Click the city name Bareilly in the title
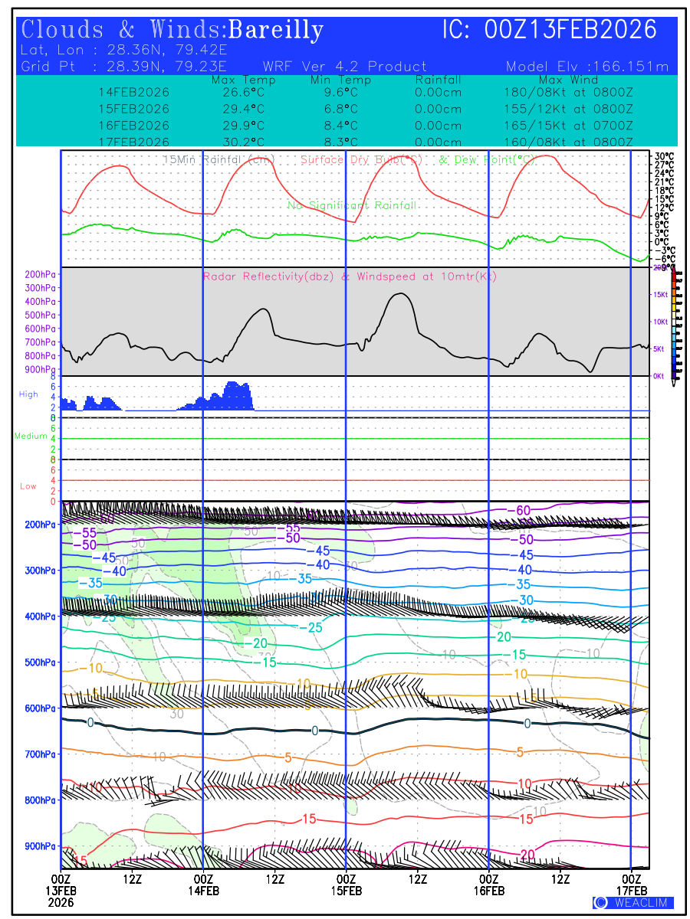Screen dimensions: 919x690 [x=276, y=30]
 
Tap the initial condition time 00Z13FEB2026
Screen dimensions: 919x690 [x=571, y=30]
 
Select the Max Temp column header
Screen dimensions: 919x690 [x=243, y=80]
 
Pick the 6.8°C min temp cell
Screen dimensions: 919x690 [x=341, y=109]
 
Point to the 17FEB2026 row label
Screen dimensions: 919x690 [x=134, y=142]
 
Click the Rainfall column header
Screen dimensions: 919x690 [x=438, y=80]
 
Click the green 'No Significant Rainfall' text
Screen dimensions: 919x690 [x=352, y=205]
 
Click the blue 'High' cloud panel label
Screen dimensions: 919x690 [x=28, y=394]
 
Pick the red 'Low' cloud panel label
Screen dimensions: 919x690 [x=28, y=486]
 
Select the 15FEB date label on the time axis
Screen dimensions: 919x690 [x=346, y=891]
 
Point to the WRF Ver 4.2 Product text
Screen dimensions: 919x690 [x=344, y=67]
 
